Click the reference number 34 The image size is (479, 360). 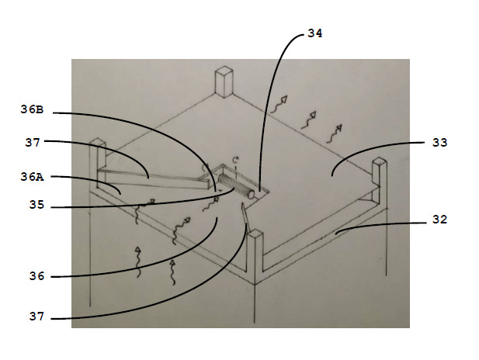point(314,33)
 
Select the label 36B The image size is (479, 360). point(32,109)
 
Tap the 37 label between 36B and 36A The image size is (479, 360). point(33,142)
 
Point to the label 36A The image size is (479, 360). point(32,177)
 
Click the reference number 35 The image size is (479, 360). point(36,205)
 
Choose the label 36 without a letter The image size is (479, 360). point(36,276)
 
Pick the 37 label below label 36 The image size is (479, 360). point(36,317)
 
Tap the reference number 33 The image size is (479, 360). point(439,142)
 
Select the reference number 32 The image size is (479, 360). point(439,220)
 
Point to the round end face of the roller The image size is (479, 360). point(251,195)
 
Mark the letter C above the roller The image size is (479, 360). point(235,160)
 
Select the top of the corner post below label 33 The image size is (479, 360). point(380,162)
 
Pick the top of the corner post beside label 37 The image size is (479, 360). point(98,142)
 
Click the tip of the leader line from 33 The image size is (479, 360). point(332,175)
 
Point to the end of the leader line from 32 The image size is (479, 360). point(335,234)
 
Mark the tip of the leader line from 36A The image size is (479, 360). point(120,194)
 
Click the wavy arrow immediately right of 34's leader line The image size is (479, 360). point(279,105)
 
